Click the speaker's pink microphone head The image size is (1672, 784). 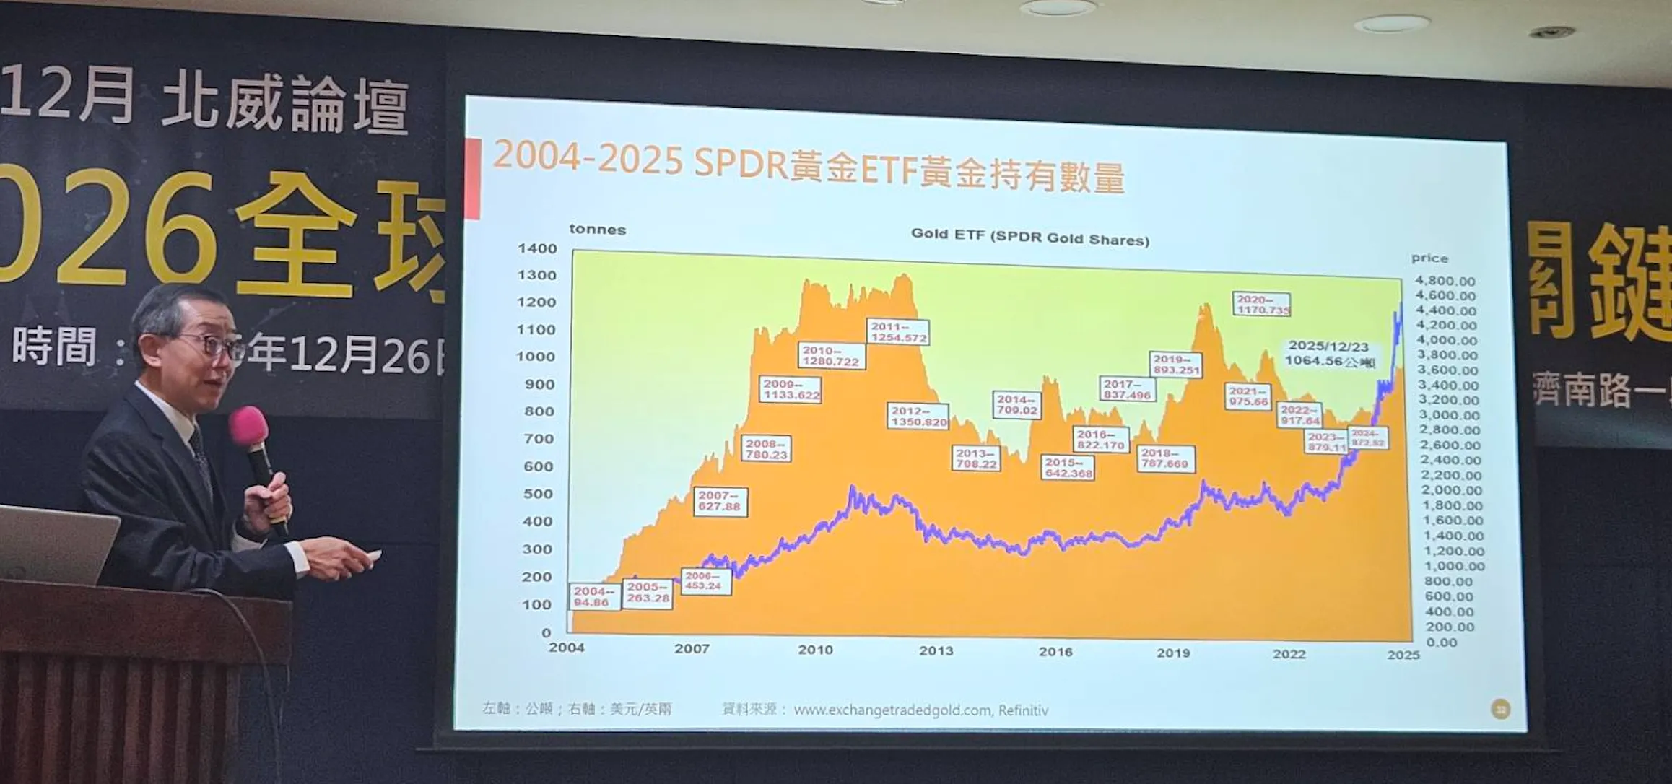click(x=248, y=426)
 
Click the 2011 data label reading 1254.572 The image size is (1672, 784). click(x=898, y=332)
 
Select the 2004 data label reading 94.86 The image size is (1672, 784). click(x=593, y=596)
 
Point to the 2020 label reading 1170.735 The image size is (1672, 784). click(x=1262, y=304)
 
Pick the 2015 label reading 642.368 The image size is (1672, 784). click(x=1068, y=467)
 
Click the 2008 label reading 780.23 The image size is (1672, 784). click(x=766, y=448)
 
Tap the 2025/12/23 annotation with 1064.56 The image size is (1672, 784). click(x=1329, y=354)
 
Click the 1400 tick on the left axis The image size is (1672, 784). click(x=537, y=248)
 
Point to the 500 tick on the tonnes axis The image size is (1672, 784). click(x=539, y=494)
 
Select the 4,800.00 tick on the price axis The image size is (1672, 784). click(x=1445, y=281)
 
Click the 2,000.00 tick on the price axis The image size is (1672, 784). click(x=1450, y=490)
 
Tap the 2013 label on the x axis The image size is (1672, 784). click(x=936, y=650)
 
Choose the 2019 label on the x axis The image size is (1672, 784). click(x=1173, y=653)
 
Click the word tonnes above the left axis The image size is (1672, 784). click(x=597, y=230)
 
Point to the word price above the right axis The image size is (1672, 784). click(x=1429, y=258)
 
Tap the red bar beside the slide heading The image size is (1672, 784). click(x=473, y=178)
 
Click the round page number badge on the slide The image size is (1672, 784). click(x=1500, y=710)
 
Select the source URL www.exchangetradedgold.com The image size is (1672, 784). click(x=892, y=710)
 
